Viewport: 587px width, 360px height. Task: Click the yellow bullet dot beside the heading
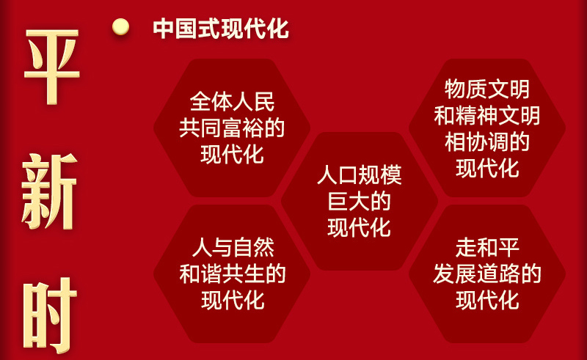[x=120, y=27]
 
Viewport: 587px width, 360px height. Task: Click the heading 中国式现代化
[x=221, y=29]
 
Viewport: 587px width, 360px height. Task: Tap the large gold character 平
[x=51, y=67]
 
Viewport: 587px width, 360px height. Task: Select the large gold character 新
[x=50, y=191]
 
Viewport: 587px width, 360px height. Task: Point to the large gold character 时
[x=50, y=315]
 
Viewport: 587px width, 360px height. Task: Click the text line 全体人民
[x=232, y=101]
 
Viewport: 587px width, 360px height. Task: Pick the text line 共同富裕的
[x=232, y=128]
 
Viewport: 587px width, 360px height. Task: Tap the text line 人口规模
[x=360, y=175]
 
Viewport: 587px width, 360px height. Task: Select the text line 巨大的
[x=360, y=202]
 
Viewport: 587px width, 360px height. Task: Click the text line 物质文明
[x=487, y=89]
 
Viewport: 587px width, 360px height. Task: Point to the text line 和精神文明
[x=487, y=115]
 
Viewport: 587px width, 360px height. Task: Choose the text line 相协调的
[x=487, y=142]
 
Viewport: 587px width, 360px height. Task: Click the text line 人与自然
[x=233, y=247]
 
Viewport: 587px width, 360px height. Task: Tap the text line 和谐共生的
[x=233, y=274]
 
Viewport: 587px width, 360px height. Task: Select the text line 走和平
[x=487, y=247]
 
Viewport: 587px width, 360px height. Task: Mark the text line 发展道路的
[x=487, y=273]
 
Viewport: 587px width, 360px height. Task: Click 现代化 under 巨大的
[x=360, y=227]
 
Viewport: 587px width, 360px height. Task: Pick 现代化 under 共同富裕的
[x=232, y=154]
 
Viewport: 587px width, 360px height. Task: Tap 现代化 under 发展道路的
[x=487, y=300]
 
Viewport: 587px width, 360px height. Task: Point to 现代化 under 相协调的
[x=487, y=169]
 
